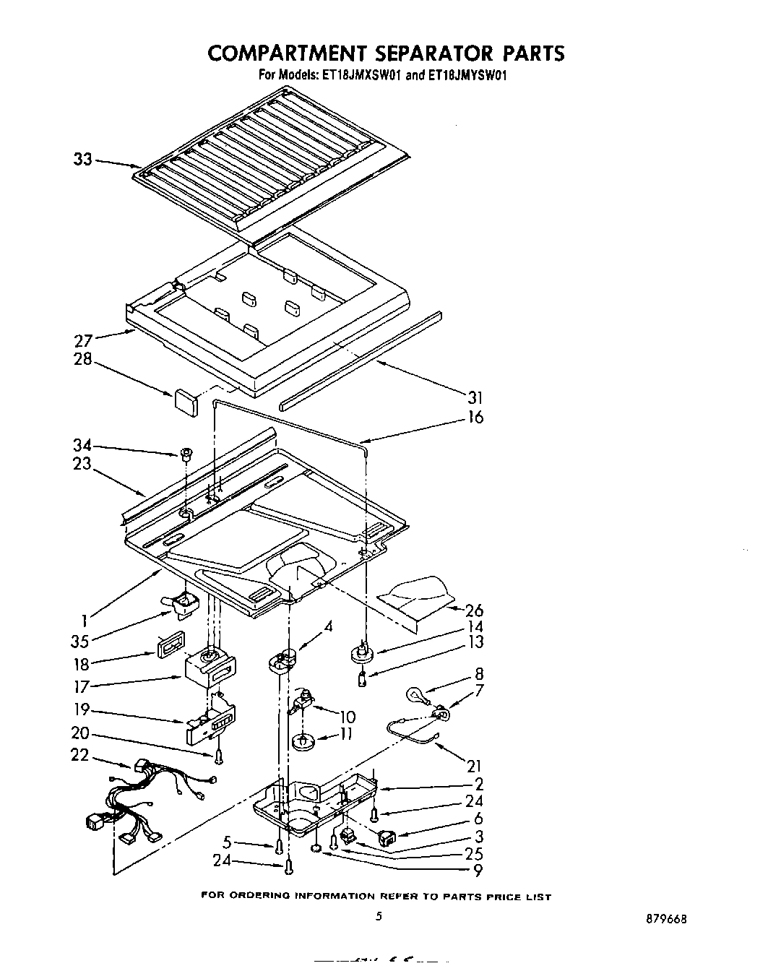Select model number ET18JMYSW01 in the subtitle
(470, 74)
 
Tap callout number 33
(83, 159)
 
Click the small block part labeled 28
(186, 402)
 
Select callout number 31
(475, 397)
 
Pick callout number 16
(475, 417)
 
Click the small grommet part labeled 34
(186, 454)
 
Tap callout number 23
(82, 464)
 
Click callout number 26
(475, 611)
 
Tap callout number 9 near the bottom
(478, 871)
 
